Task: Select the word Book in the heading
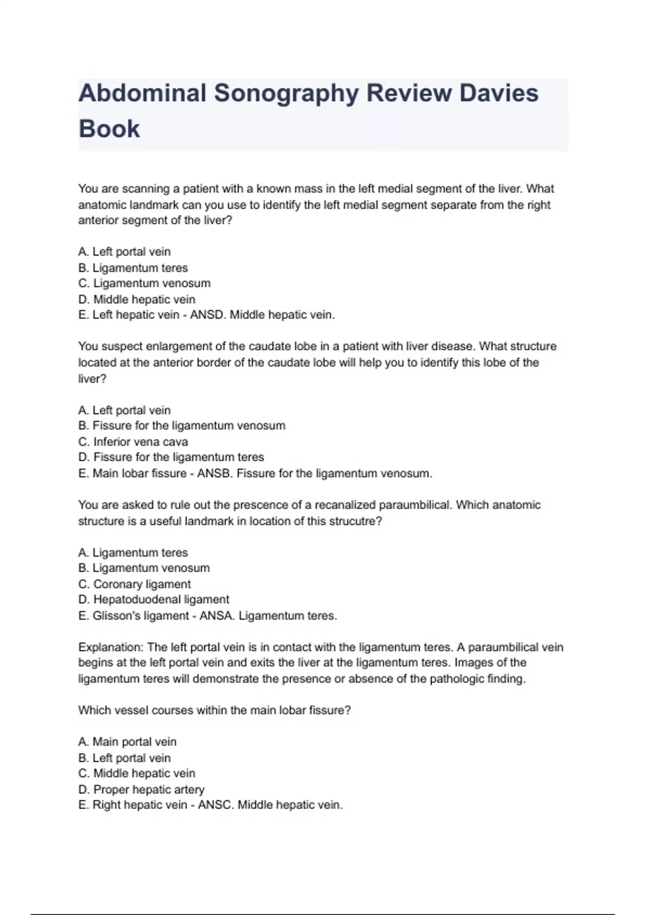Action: tap(109, 129)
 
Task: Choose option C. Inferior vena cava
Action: tap(133, 442)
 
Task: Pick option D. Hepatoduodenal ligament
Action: tap(153, 600)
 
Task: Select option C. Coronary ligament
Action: tap(135, 584)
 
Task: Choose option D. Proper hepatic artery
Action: tap(142, 790)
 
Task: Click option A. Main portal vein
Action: tap(128, 742)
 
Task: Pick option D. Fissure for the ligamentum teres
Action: tap(171, 457)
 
